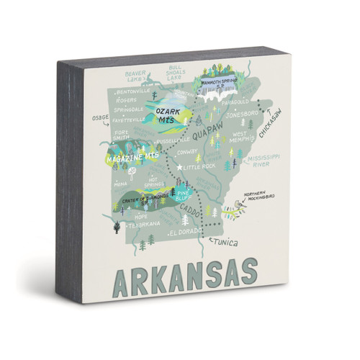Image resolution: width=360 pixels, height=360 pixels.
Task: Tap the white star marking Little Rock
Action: point(179,166)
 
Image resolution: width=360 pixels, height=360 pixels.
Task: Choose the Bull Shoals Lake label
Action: point(176,73)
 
